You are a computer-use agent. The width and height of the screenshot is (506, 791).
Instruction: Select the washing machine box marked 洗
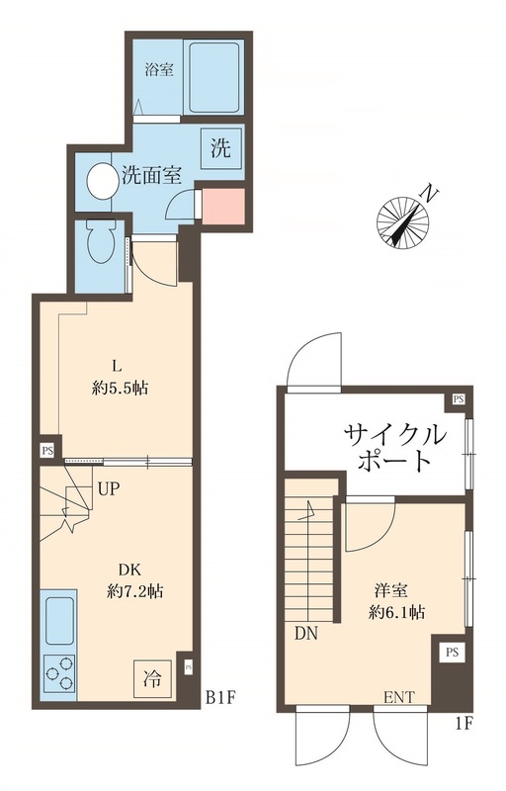[x=219, y=148]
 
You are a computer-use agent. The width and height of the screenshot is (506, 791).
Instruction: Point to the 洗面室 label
[x=151, y=176]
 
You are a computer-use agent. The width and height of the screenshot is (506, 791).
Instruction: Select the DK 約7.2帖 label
[x=134, y=580]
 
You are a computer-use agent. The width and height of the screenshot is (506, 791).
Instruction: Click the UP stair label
[x=110, y=487]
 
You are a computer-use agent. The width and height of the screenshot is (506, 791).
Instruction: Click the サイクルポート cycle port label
[x=392, y=446]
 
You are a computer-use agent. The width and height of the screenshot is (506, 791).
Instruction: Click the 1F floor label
[x=464, y=722]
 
